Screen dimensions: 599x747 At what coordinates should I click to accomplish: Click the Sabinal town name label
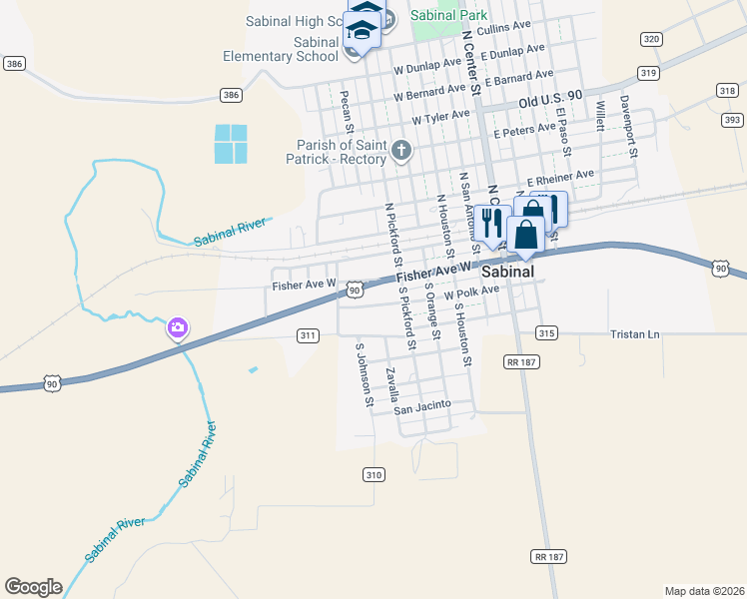point(506,272)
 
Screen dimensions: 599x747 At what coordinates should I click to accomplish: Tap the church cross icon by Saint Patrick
point(401,152)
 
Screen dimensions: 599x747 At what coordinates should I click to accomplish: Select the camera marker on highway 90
point(178,327)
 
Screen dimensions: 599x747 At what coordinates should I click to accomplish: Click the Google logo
point(33,587)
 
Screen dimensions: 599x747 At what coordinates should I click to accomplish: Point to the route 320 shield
point(651,39)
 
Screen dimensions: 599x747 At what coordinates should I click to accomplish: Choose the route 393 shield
point(732,120)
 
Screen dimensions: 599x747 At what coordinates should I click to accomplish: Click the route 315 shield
point(545,332)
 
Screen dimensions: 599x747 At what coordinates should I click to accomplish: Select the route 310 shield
point(373,475)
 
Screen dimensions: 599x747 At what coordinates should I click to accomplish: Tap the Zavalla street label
point(393,384)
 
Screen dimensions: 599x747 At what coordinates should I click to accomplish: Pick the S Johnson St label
point(365,376)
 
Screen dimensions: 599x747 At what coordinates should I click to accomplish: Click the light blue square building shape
point(231,144)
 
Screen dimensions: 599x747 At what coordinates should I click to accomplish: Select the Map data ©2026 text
point(703,591)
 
